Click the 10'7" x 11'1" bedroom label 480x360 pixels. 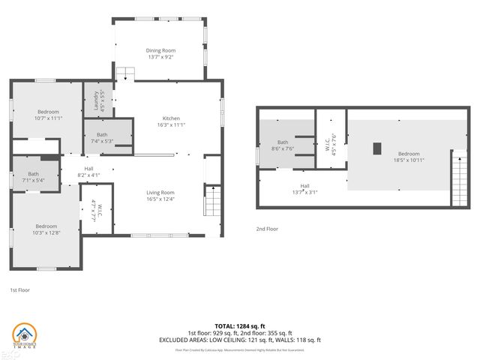(47, 115)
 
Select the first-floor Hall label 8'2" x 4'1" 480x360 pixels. (88, 172)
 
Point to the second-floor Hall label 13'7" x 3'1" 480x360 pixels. (304, 188)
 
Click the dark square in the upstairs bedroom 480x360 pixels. (377, 148)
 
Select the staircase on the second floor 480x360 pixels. (457, 178)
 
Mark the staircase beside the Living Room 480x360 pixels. (213, 200)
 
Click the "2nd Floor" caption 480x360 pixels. (267, 229)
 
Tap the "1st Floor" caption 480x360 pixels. (19, 289)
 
